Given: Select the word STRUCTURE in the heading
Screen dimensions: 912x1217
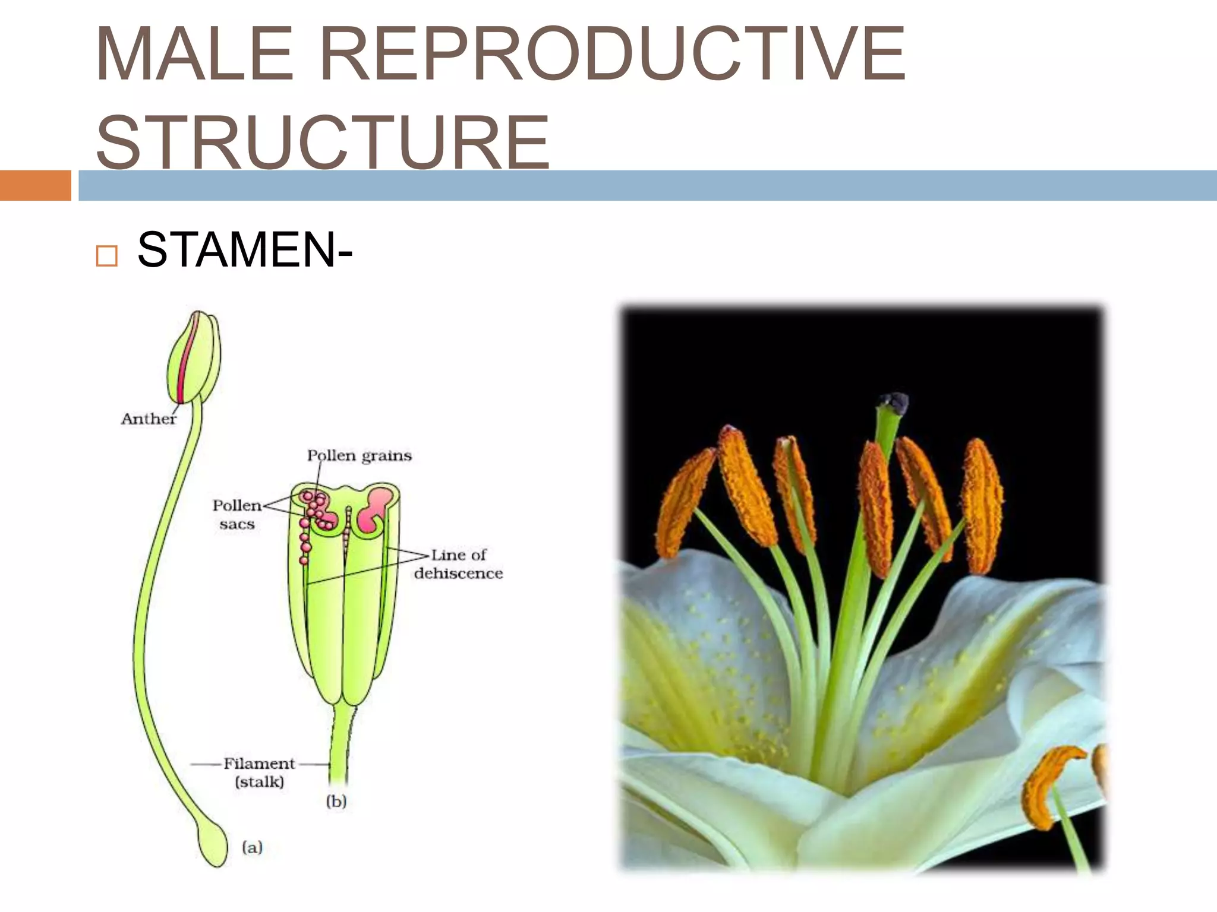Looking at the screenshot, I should pyautogui.click(x=323, y=142).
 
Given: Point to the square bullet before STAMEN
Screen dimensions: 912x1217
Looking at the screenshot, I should pyautogui.click(x=106, y=256).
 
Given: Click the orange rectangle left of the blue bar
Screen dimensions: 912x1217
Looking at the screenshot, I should pyautogui.click(x=35, y=185).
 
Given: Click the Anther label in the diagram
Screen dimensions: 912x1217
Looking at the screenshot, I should pyautogui.click(x=149, y=419).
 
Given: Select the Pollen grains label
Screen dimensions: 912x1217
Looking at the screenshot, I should pyautogui.click(x=359, y=456).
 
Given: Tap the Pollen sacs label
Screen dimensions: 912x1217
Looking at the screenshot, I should pyautogui.click(x=237, y=514).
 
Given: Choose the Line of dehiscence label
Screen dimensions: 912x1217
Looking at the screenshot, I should pyautogui.click(x=458, y=564).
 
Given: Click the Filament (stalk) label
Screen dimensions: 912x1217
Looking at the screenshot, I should pyautogui.click(x=259, y=772).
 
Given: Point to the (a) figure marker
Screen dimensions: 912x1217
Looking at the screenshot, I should pyautogui.click(x=252, y=847).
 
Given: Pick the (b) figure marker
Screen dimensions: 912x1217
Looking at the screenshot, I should pyautogui.click(x=336, y=802).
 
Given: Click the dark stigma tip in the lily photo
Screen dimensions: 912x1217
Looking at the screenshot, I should pyautogui.click(x=894, y=404).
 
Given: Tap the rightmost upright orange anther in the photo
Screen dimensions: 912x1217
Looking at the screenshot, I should pyautogui.click(x=982, y=505).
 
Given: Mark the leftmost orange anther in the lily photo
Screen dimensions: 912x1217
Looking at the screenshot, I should pyautogui.click(x=685, y=505).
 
